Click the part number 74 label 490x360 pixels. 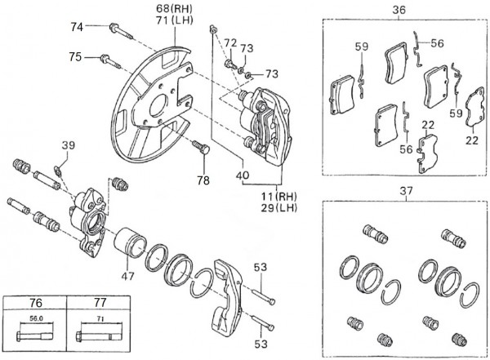coord(76,26)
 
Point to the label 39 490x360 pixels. coord(68,145)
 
